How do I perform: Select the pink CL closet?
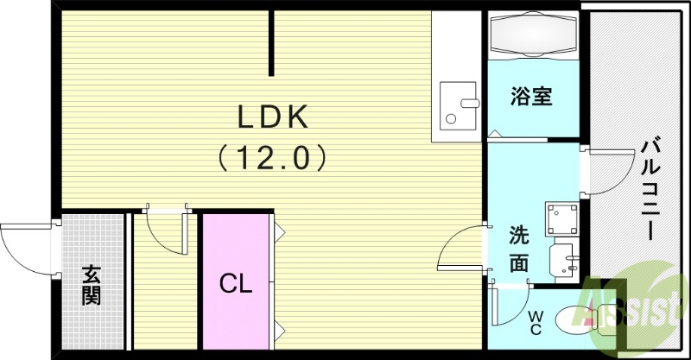point(236,283)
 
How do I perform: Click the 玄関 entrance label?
point(92,285)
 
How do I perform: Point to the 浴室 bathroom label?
point(531,97)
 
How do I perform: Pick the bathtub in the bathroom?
point(532,37)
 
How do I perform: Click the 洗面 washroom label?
point(518,249)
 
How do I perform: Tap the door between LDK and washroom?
point(461,249)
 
